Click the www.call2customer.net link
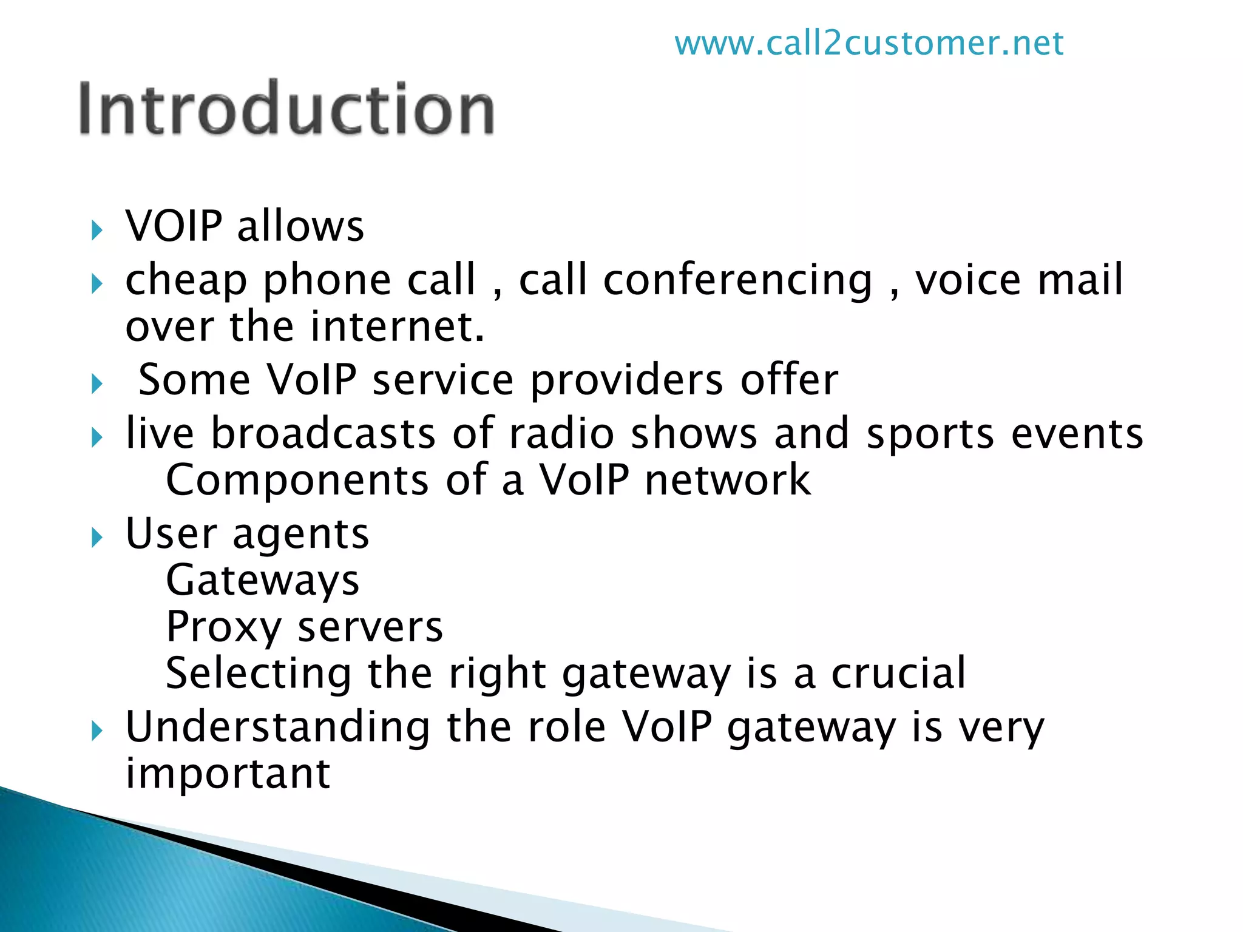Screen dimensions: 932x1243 (869, 44)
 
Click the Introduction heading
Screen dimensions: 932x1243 (286, 109)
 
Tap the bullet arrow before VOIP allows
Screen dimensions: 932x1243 (97, 231)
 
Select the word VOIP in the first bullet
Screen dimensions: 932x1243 (174, 226)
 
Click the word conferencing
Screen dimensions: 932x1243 (737, 281)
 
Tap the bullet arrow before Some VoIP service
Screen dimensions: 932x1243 (97, 384)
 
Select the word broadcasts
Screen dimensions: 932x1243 (323, 433)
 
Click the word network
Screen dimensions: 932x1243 (727, 480)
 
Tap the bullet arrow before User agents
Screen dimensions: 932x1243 (97, 538)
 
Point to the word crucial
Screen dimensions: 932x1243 (898, 673)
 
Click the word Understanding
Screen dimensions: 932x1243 (277, 728)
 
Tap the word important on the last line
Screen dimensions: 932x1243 (228, 774)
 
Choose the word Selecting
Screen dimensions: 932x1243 (258, 674)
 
